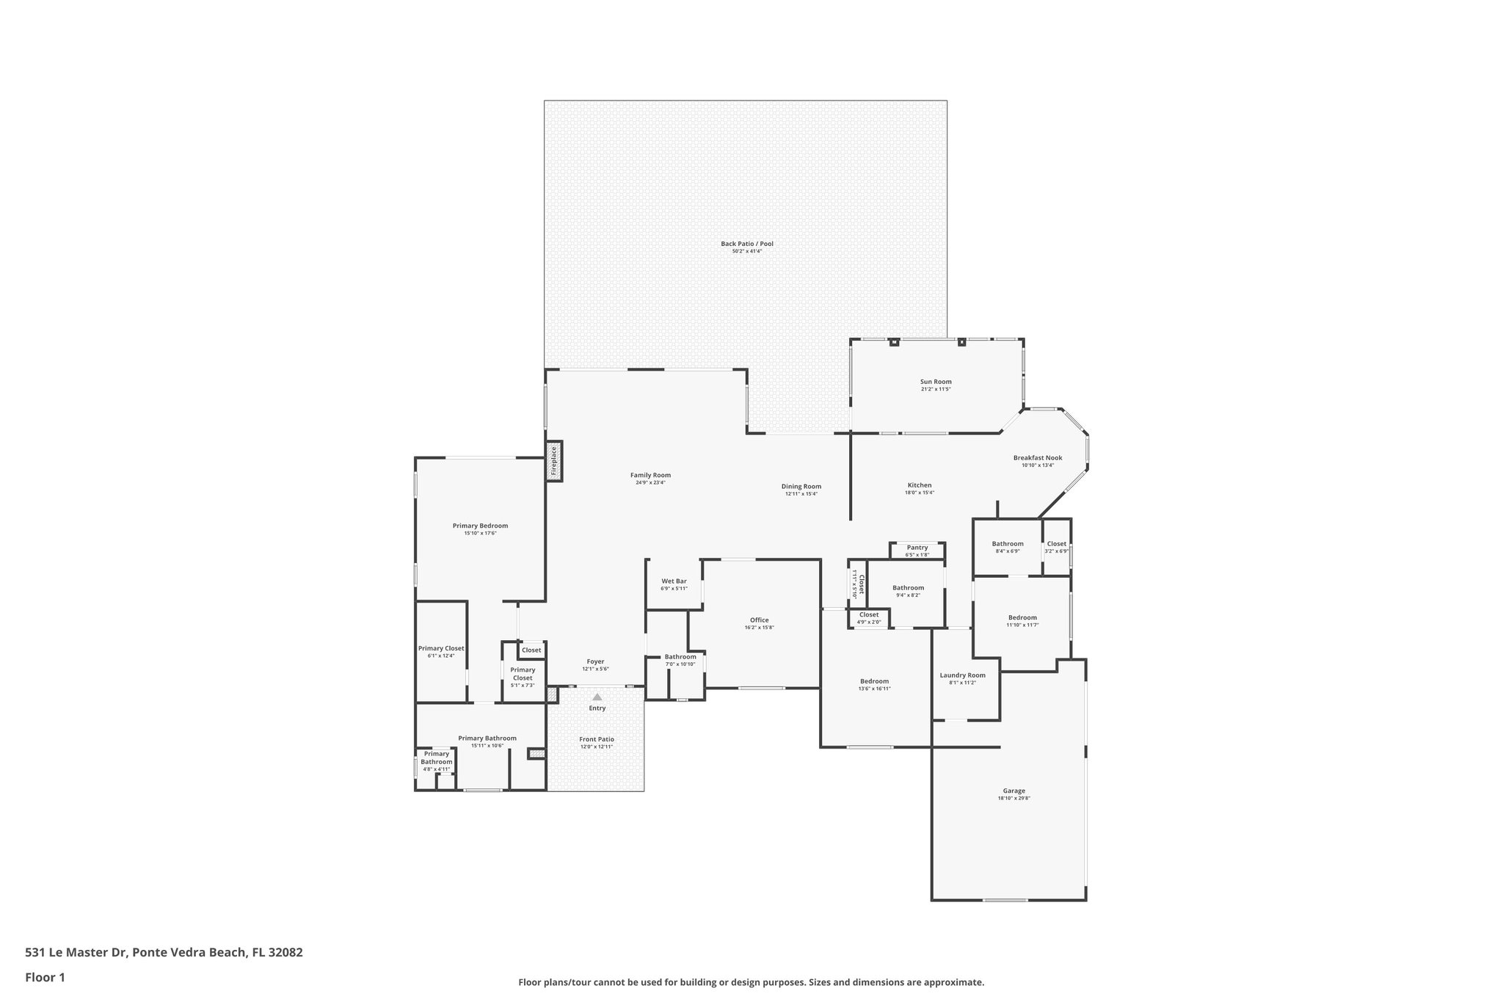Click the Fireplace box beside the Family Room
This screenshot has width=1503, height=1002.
[554, 461]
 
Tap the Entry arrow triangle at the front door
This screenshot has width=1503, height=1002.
[597, 697]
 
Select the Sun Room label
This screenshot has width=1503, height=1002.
[936, 382]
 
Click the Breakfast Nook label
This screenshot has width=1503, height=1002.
[1038, 458]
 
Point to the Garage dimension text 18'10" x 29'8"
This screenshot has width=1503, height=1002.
[1013, 799]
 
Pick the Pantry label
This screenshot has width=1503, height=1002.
[917, 548]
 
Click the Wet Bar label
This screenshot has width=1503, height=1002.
[674, 581]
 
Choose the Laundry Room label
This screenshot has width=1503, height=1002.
[962, 675]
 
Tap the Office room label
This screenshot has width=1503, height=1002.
[759, 620]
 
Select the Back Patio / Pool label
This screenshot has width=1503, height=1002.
[746, 244]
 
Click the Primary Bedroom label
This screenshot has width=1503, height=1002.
[480, 526]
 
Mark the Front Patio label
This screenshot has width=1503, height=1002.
[597, 739]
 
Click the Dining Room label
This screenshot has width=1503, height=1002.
[801, 486]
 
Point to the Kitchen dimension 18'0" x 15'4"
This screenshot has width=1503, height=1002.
[919, 493]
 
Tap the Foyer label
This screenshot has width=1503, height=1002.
[595, 661]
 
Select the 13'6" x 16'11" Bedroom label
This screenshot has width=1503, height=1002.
[874, 681]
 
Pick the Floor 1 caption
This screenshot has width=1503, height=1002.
[45, 977]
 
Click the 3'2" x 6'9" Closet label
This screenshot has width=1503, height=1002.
[1056, 544]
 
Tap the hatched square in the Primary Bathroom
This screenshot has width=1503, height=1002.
[536, 753]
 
